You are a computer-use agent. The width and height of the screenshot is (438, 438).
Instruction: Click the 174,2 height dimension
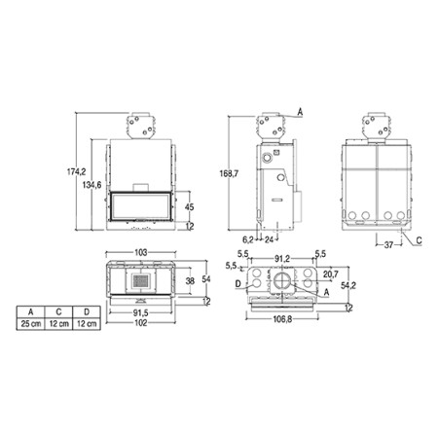(x=77, y=171)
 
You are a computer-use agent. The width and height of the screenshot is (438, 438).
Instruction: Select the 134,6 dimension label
(x=91, y=185)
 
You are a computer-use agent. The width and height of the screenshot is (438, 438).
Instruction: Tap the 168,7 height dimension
(x=229, y=173)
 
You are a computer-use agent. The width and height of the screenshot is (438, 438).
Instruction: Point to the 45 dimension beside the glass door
(x=190, y=206)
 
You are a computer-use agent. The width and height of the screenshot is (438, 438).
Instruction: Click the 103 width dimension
(x=141, y=252)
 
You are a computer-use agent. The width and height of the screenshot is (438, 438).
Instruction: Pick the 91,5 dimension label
(x=141, y=312)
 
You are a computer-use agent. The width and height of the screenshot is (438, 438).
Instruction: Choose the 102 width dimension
(x=141, y=323)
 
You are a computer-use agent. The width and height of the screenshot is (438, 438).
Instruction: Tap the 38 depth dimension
(x=190, y=280)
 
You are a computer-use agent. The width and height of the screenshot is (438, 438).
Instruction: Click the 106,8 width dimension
(x=282, y=319)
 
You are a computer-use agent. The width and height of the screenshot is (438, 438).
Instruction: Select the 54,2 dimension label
(x=348, y=285)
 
